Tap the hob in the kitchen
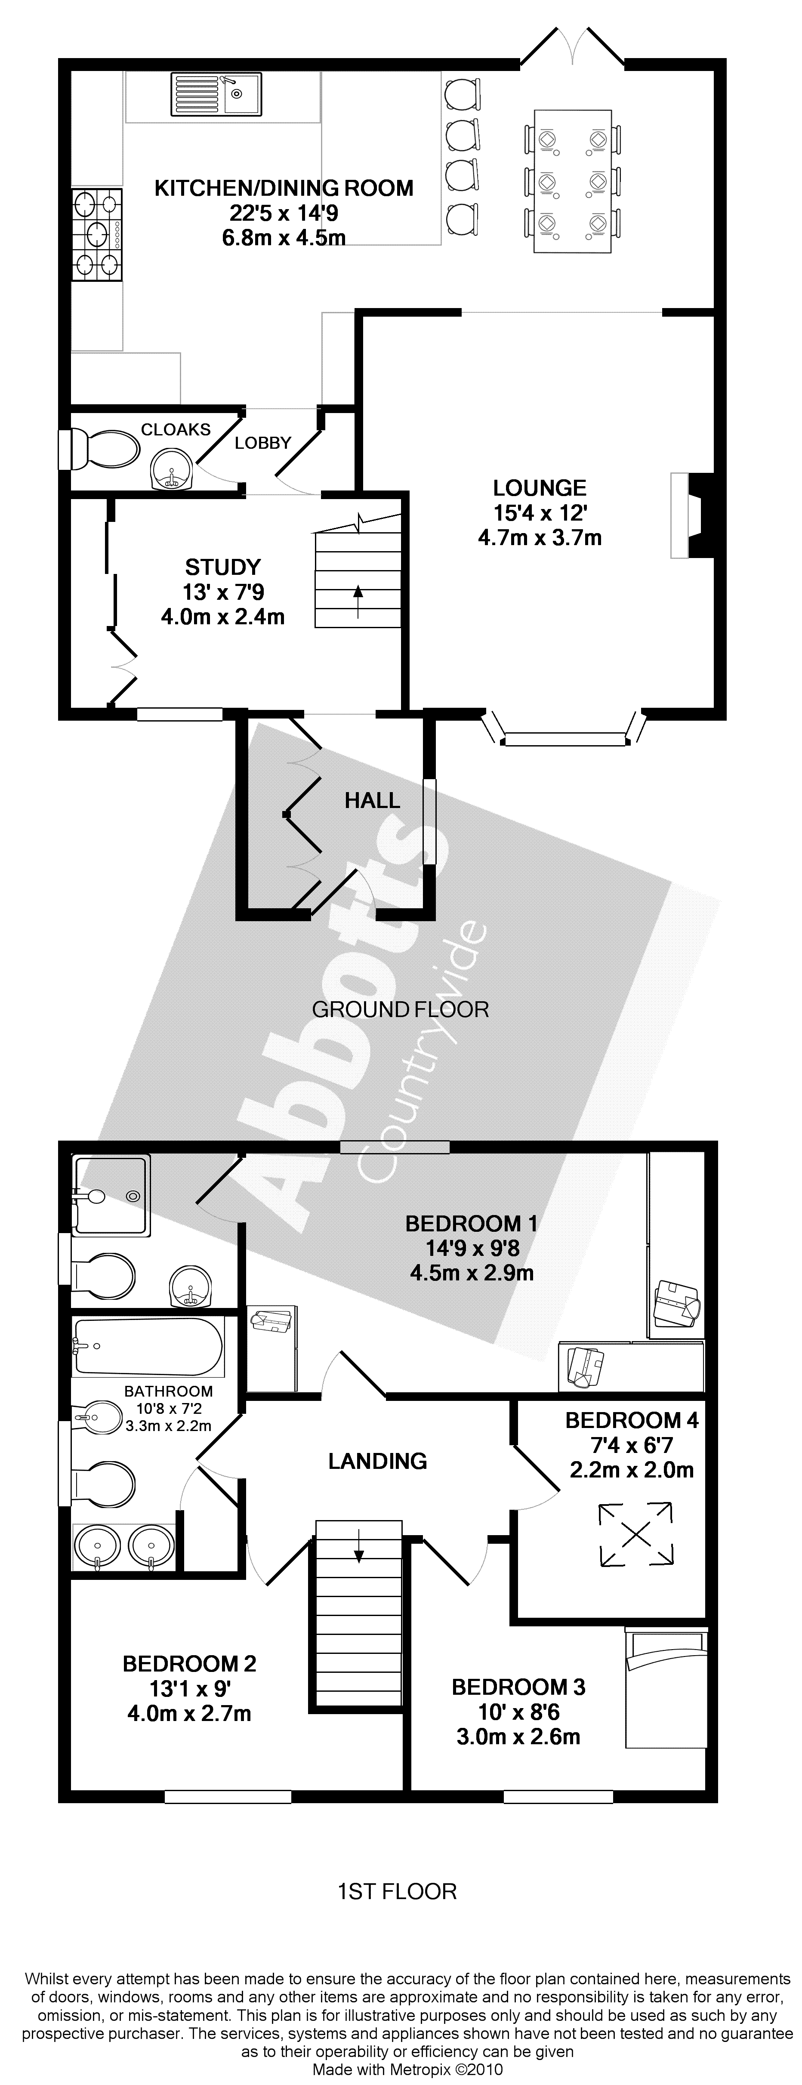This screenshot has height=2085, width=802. point(97,234)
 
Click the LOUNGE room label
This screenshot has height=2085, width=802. point(540,487)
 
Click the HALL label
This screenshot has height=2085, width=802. point(372,801)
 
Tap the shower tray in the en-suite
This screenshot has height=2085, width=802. point(111,1196)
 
